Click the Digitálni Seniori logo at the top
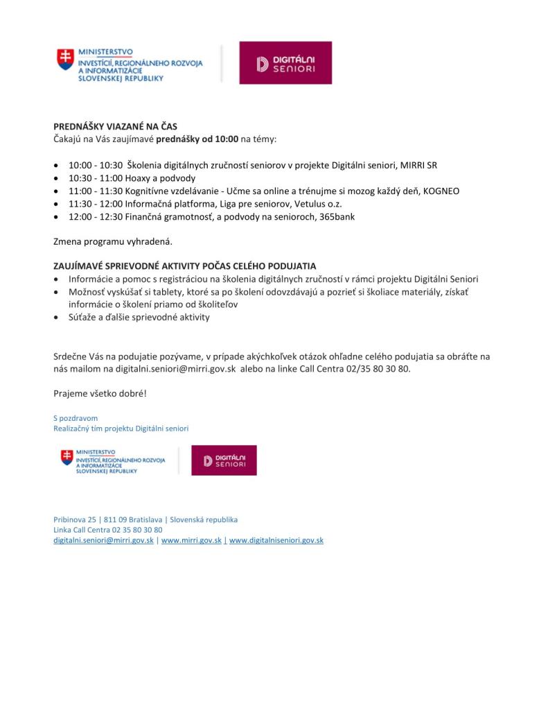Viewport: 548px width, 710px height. (285, 63)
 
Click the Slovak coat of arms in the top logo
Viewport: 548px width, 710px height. (65, 59)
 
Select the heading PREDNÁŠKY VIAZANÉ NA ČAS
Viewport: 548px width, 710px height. (116, 127)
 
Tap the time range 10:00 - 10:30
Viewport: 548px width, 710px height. (96, 166)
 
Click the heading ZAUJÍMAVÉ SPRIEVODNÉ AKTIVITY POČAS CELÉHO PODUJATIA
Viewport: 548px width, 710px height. (185, 266)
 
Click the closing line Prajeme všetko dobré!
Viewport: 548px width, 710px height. (100, 394)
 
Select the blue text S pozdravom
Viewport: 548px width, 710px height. (76, 418)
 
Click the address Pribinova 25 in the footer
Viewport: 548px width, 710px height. (76, 519)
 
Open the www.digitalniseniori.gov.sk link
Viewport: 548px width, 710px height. (276, 540)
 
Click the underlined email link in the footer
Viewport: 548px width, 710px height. (104, 540)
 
